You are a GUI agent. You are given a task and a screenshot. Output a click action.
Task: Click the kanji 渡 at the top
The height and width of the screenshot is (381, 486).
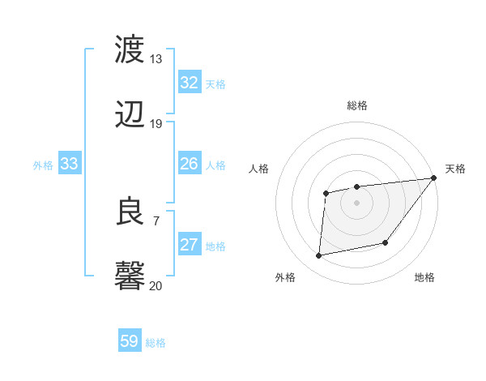tap(130, 50)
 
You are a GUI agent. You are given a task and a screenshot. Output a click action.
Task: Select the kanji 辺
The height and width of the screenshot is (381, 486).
tap(130, 116)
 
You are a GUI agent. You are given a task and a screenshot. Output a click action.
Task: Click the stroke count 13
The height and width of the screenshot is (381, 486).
tap(156, 59)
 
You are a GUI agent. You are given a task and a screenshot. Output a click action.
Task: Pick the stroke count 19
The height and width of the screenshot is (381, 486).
tap(156, 124)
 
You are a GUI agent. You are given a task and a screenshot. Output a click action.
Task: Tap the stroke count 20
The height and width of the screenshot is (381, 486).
tap(156, 285)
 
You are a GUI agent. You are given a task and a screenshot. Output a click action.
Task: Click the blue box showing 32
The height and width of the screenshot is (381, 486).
tap(189, 83)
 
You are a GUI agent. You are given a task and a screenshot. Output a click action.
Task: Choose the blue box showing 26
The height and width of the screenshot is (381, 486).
tap(189, 164)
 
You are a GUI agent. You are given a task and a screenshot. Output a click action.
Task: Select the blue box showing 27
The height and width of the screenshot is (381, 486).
tap(189, 245)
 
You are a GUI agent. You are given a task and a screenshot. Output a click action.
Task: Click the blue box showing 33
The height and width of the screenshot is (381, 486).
tap(69, 164)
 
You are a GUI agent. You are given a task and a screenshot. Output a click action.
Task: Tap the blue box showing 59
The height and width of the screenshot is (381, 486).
tap(129, 341)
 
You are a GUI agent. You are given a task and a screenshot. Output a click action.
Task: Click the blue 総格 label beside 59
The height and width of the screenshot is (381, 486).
tap(156, 343)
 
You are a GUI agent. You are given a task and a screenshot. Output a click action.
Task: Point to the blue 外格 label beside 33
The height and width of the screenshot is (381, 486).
tap(43, 165)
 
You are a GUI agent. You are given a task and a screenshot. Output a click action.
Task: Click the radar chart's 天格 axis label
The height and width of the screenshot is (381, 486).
tap(455, 169)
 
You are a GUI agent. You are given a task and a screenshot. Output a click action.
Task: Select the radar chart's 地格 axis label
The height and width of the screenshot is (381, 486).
tap(424, 277)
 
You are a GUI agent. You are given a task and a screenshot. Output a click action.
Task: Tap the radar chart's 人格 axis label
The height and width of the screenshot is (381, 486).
tap(259, 169)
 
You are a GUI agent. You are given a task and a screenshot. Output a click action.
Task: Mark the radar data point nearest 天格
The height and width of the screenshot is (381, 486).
tap(433, 178)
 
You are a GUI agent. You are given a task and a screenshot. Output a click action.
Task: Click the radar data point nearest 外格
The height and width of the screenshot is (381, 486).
tap(319, 256)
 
